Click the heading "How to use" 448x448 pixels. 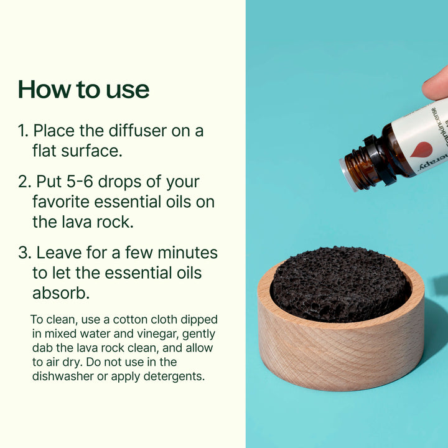point(83,90)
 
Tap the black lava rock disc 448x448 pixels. point(340,283)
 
